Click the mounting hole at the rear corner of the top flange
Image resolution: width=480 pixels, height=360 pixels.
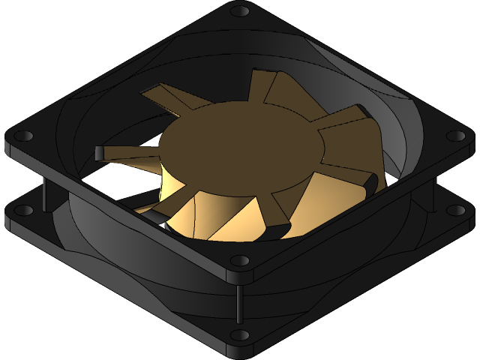240,11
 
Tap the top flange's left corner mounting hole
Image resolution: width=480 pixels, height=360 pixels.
23,136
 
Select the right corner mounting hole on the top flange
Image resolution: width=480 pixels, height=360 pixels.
455,136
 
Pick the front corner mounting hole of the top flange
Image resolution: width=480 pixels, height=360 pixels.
240,261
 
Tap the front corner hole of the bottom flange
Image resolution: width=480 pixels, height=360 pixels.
240,334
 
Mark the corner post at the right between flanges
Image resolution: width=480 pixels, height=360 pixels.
434,193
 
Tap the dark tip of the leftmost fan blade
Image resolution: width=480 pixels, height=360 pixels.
100,152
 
